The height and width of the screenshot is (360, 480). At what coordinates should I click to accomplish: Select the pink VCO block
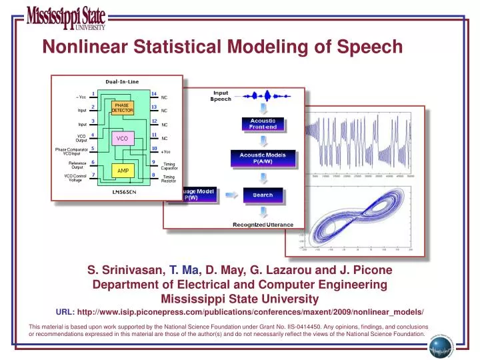(122, 138)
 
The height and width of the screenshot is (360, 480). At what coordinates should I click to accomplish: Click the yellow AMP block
(123, 171)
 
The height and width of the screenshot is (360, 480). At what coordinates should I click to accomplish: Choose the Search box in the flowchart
(262, 195)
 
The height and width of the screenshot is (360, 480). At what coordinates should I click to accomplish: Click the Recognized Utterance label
(262, 225)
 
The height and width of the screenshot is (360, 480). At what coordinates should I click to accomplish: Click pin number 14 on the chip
(154, 93)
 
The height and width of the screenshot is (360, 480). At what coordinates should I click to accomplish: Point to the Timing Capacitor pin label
(169, 165)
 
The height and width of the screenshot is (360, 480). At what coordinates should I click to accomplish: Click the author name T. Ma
(184, 270)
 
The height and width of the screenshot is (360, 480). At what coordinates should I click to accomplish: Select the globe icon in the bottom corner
(439, 346)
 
